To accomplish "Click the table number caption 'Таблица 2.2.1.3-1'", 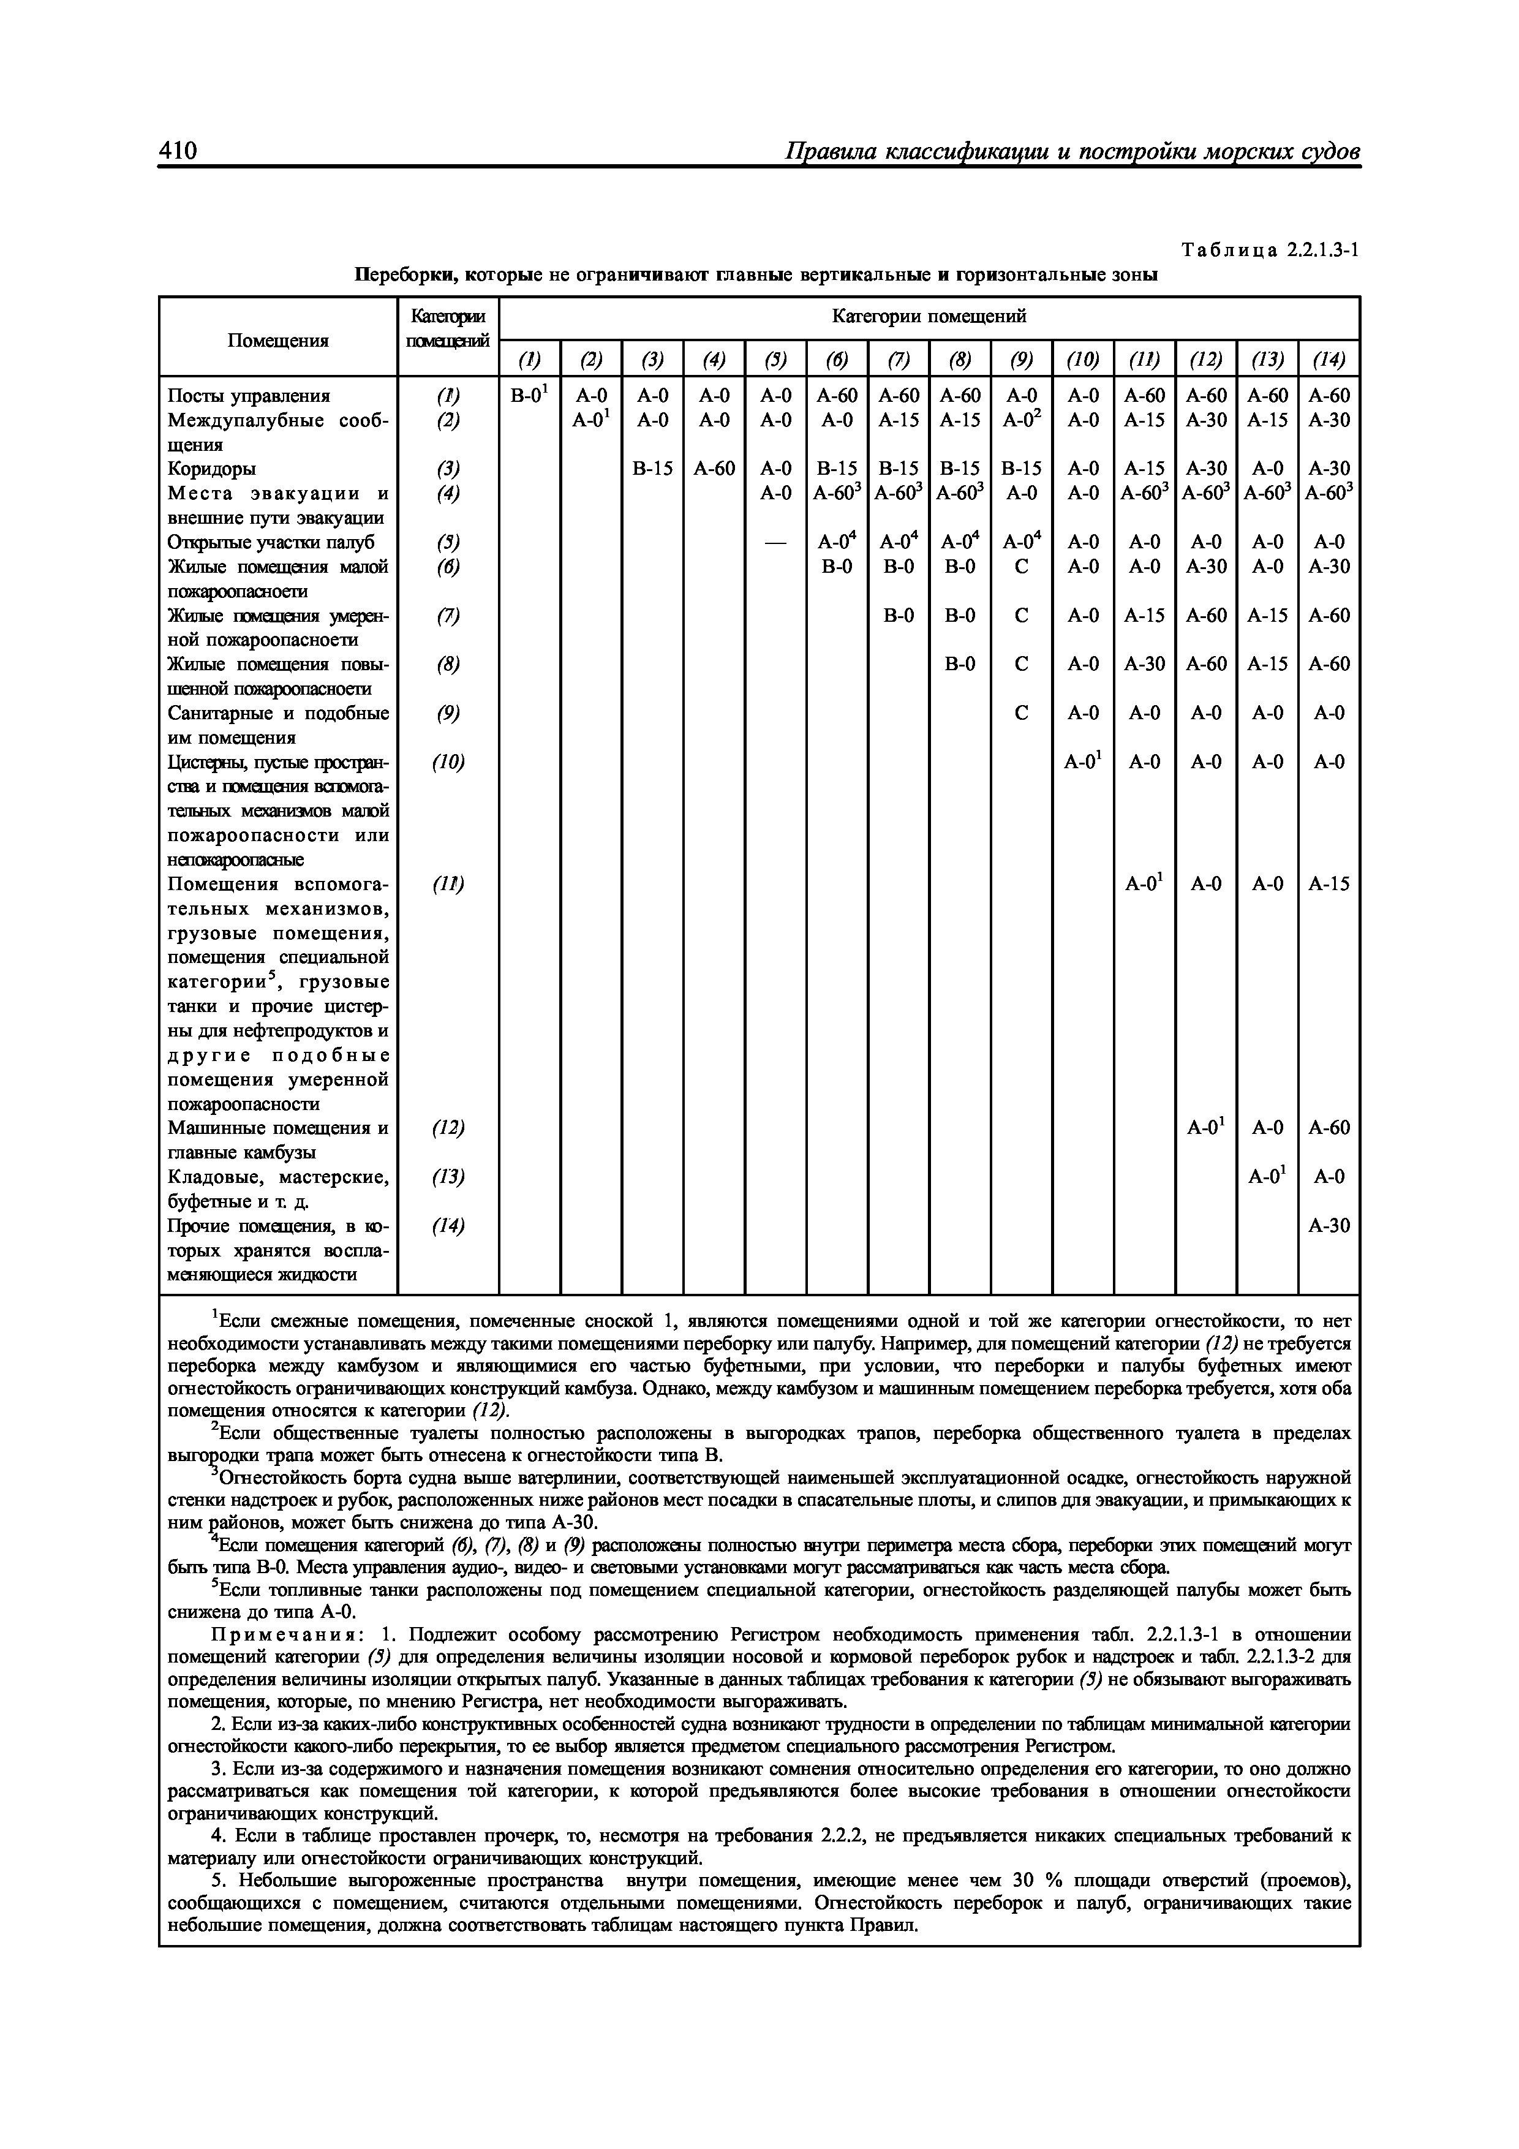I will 1270,251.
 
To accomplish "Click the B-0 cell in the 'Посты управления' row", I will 528,396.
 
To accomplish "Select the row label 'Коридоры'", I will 211,469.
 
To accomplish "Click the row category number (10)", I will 448,763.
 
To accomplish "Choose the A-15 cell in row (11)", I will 1328,883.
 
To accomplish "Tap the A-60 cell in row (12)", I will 1328,1128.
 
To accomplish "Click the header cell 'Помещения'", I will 278,341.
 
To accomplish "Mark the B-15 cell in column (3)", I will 652,469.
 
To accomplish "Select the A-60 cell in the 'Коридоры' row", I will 713,469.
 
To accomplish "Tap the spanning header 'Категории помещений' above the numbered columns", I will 929,317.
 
